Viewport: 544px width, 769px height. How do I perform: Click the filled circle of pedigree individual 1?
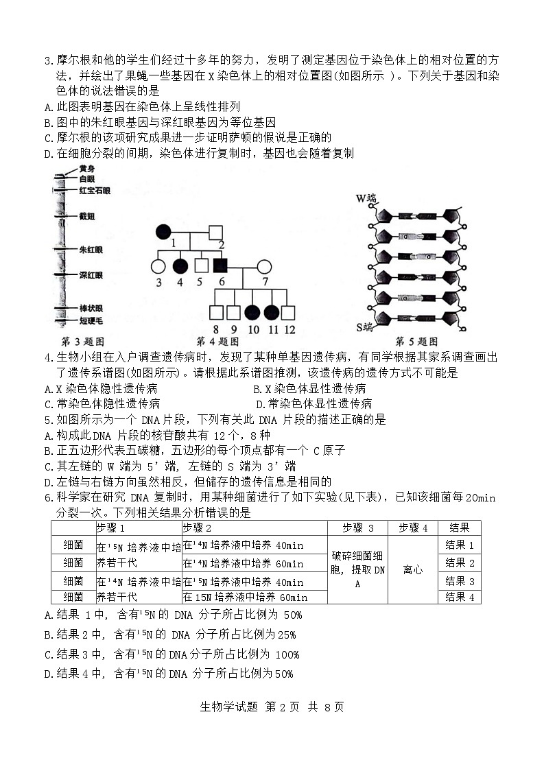click(163, 231)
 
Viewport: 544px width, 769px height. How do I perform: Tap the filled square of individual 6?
click(220, 265)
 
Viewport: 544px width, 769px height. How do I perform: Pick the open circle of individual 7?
click(265, 265)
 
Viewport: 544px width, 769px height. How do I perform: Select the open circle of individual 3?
click(158, 265)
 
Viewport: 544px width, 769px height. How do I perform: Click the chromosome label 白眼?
click(87, 178)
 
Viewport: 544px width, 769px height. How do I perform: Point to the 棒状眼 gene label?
click(91, 309)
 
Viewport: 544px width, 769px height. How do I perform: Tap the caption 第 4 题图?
click(217, 342)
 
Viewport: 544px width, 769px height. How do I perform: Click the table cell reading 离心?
click(413, 570)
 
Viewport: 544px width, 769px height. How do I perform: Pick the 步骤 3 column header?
click(357, 528)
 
